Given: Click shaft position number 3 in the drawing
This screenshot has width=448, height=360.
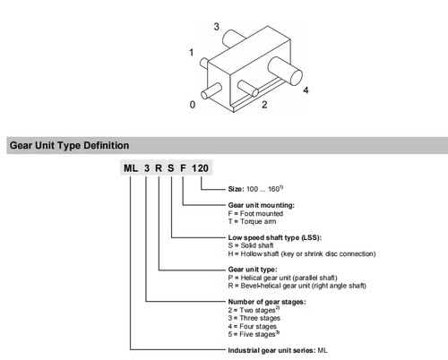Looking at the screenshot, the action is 217,27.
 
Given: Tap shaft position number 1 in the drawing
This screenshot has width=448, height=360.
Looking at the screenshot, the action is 191,53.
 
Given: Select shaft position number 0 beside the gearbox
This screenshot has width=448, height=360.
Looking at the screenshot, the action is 193,105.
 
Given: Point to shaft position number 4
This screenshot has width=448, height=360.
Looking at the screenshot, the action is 306,90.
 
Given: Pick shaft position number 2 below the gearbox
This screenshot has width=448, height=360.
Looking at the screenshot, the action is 264,105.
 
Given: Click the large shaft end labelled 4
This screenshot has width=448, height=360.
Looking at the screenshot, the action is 285,71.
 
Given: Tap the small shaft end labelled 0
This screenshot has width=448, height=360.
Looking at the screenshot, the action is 211,90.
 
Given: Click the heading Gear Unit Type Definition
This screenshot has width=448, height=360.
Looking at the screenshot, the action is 69,145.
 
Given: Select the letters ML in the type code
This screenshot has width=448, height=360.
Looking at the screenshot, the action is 131,168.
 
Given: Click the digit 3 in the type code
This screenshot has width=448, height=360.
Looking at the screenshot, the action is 147,168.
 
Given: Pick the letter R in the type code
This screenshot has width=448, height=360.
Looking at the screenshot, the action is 159,168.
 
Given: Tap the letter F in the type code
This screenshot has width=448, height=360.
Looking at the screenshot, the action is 183,168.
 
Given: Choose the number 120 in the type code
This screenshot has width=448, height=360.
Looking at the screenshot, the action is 200,168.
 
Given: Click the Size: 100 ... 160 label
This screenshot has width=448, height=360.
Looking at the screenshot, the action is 255,189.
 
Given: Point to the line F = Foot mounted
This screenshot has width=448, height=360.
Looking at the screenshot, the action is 255,213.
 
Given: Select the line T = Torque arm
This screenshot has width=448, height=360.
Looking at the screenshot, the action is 252,221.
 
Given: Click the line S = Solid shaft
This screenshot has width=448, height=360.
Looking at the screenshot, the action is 251,245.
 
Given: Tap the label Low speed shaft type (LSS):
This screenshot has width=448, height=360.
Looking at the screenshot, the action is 275,237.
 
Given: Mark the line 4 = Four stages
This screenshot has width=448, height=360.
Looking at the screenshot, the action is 253,326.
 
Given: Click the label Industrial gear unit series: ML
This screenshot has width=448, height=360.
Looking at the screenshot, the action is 278,350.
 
